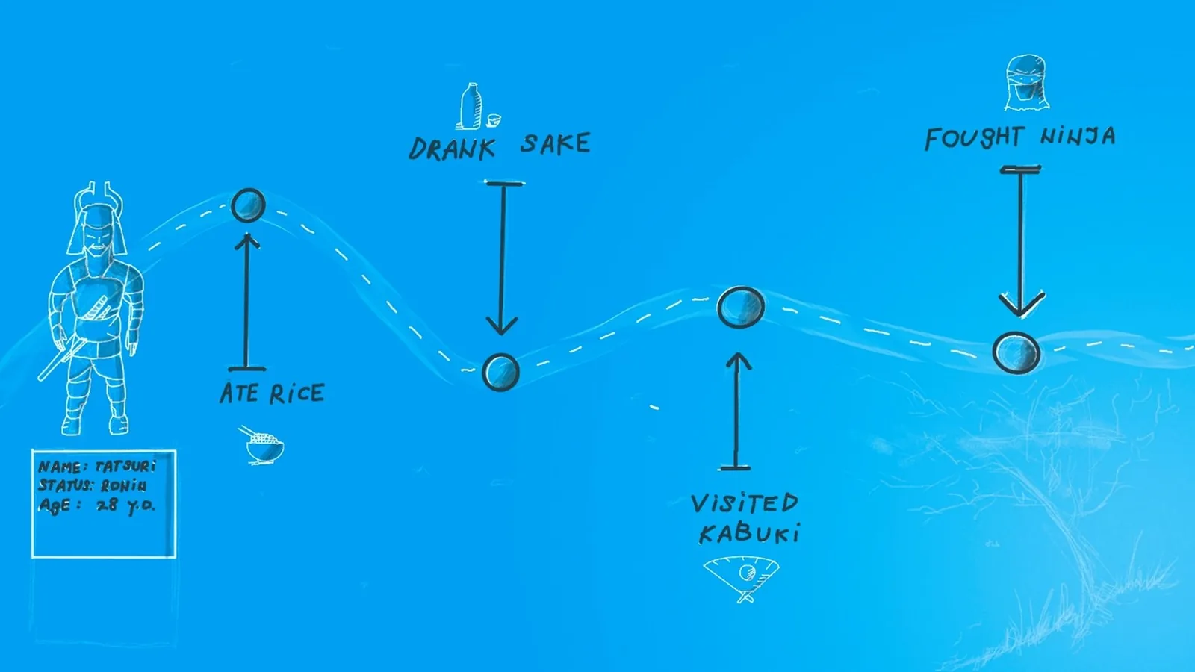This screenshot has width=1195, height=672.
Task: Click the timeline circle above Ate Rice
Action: click(x=249, y=205)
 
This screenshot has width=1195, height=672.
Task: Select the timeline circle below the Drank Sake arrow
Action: click(x=500, y=373)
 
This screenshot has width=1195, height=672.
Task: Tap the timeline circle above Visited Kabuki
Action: click(x=741, y=307)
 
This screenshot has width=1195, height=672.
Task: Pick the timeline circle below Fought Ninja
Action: click(x=1016, y=352)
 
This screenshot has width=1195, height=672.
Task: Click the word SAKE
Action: click(x=556, y=144)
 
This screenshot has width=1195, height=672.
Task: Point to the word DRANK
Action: click(x=452, y=149)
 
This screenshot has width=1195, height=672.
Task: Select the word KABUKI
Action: click(x=750, y=533)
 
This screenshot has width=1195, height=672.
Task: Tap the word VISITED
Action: click(x=744, y=503)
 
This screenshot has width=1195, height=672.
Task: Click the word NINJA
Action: click(x=1078, y=136)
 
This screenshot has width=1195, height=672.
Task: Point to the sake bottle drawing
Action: click(x=470, y=106)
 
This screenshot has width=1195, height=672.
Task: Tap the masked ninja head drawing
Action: click(x=1026, y=83)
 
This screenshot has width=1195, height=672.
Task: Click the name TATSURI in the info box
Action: click(x=126, y=467)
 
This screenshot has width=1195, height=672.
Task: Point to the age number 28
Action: click(x=107, y=505)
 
